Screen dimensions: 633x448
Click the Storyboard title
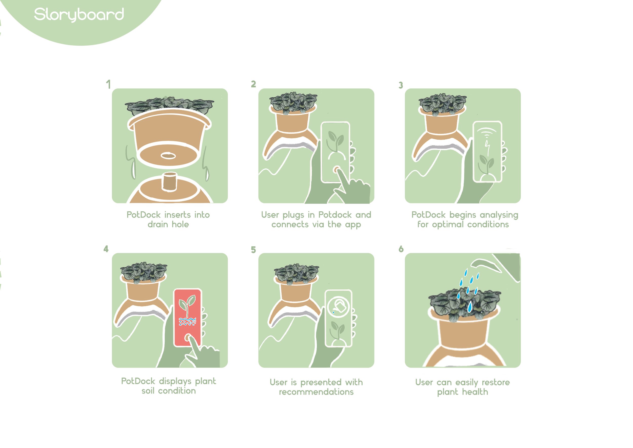[79, 15]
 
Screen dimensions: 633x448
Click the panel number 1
[108, 84]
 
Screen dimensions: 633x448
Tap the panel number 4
[106, 249]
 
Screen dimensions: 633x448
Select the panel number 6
[401, 249]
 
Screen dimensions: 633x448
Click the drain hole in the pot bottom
[168, 156]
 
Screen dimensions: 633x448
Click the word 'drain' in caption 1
[158, 224]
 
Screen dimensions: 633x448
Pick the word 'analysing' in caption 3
[499, 215]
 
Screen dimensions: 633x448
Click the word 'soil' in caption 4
[148, 391]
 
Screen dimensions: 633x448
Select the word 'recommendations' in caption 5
[316, 392]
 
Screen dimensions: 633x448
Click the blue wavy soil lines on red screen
[187, 322]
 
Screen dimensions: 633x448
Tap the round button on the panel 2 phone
[336, 169]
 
